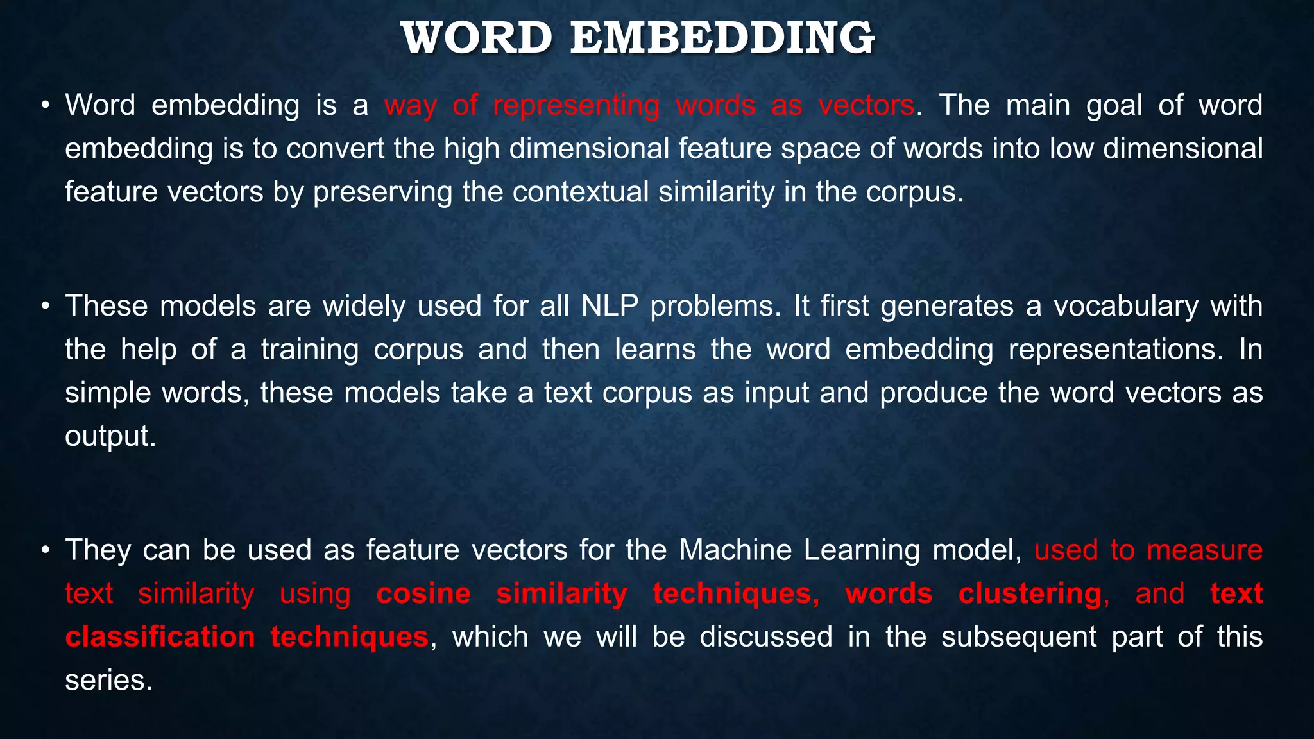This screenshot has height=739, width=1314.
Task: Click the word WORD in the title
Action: point(477,38)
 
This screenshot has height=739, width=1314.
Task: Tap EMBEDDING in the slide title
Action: point(722,38)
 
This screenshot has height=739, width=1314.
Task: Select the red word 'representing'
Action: point(576,105)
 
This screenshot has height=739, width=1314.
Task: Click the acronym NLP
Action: point(610,306)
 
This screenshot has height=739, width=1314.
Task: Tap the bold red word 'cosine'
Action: point(423,593)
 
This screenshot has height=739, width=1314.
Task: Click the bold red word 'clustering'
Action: point(1030,593)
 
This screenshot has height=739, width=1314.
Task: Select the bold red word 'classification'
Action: point(160,637)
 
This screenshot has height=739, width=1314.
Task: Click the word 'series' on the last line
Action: point(108,680)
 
